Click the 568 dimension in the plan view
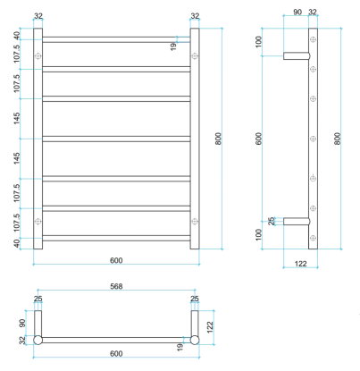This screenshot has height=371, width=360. click(x=116, y=288)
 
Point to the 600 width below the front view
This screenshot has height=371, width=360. click(x=116, y=260)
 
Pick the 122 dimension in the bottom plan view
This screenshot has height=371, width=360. click(x=210, y=327)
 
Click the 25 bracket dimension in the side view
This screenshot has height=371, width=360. click(x=272, y=220)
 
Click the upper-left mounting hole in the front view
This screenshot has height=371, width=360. click(x=38, y=55)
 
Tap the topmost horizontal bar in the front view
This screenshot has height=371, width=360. click(x=116, y=39)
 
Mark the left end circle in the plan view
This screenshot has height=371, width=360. click(x=38, y=340)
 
